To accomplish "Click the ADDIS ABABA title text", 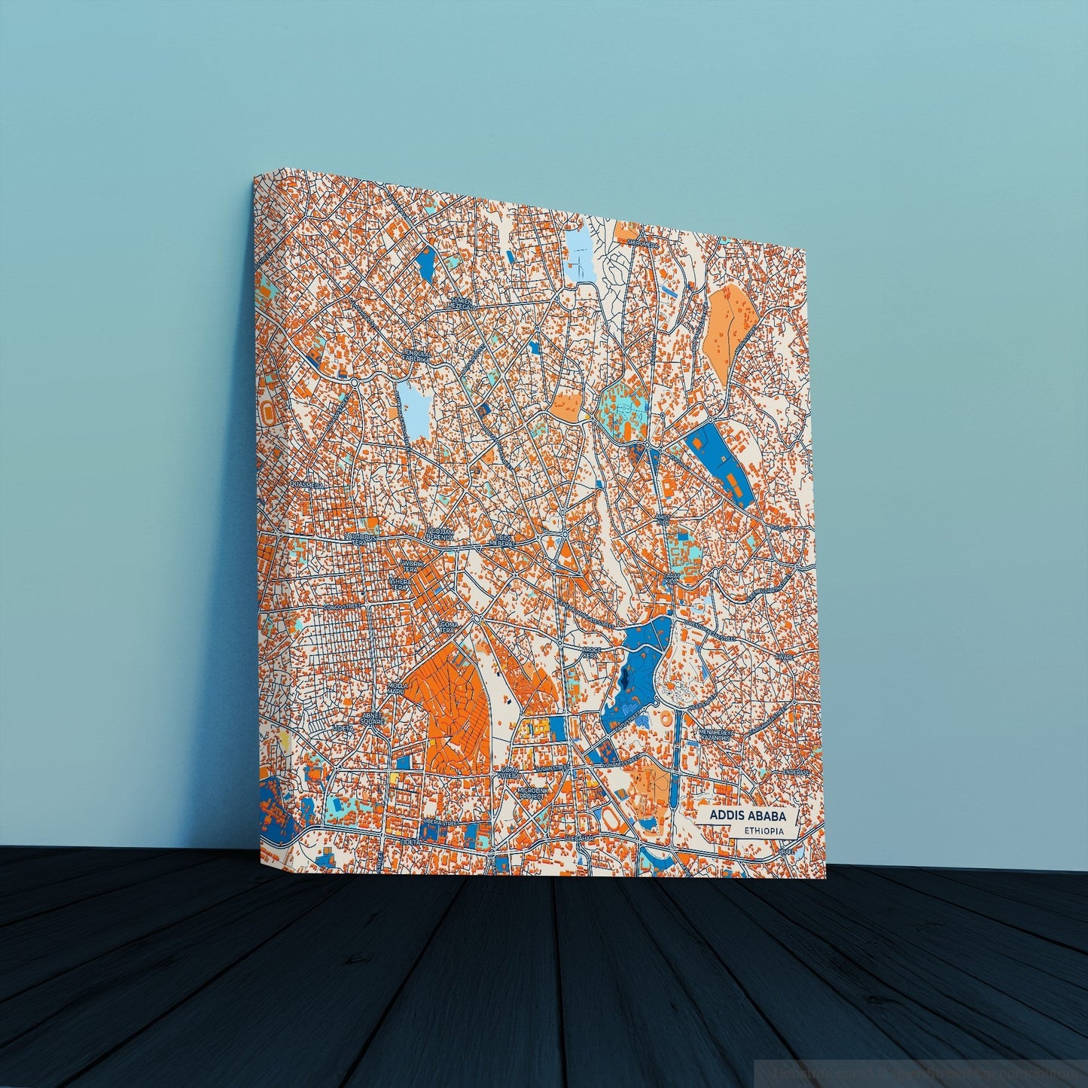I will coord(741,815).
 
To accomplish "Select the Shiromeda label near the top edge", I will coord(642,242).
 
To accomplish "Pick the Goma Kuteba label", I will coord(510,773).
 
